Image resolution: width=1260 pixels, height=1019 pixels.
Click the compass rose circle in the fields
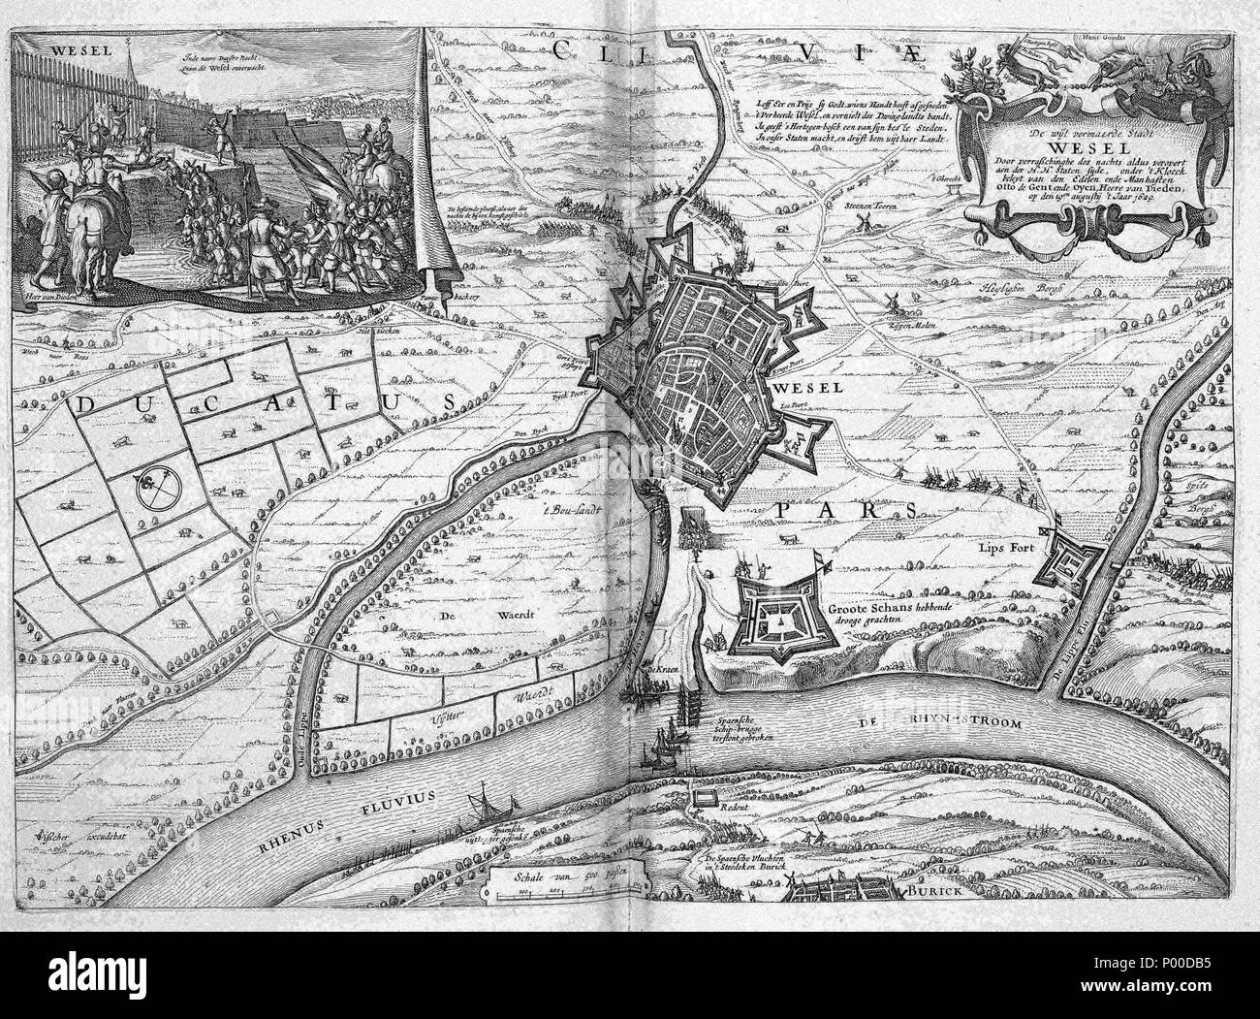click(156, 491)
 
